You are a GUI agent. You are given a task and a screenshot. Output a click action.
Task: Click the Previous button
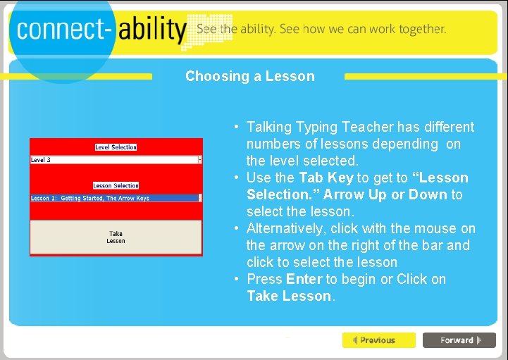[x=378, y=340]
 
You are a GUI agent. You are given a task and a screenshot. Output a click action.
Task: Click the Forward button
[x=459, y=340]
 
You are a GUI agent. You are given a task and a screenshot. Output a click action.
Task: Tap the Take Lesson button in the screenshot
[x=116, y=237]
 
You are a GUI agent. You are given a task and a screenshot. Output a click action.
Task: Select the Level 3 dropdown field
[x=113, y=160]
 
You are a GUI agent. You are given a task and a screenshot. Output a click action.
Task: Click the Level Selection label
[x=116, y=147]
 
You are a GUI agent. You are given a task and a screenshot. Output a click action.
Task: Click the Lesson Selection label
[x=116, y=186]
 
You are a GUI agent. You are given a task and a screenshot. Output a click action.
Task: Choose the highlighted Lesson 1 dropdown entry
[x=113, y=199]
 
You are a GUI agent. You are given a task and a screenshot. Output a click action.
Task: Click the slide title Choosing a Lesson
[x=249, y=76]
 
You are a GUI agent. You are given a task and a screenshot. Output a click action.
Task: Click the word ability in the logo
[x=151, y=29]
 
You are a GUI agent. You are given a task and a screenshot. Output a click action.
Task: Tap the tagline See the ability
[x=236, y=29]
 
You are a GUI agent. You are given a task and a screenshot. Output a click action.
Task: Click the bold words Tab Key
[x=326, y=178]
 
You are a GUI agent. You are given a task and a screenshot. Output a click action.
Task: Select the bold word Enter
[x=304, y=279]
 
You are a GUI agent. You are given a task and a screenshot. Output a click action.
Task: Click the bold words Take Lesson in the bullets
[x=289, y=296]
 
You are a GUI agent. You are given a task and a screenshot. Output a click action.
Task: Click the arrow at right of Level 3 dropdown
[x=200, y=160]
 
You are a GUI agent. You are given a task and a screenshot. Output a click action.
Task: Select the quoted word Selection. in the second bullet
[x=277, y=194]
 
